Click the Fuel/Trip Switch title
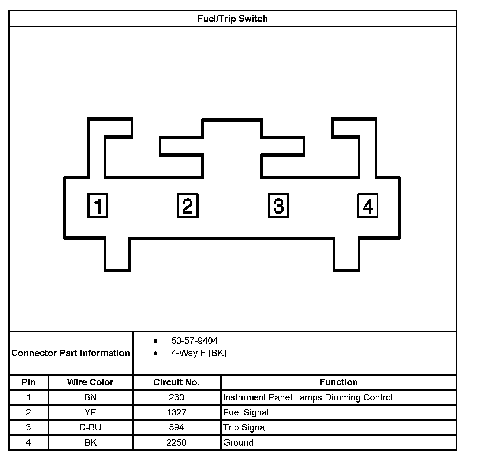[x=232, y=19]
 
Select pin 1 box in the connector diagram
[x=98, y=206]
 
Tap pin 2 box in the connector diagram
[x=188, y=206]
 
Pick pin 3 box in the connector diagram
[x=278, y=206]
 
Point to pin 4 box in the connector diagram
[x=367, y=206]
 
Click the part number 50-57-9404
[x=194, y=341]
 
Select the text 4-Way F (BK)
[x=199, y=353]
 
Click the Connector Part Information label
[x=71, y=353]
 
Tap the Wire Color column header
[x=90, y=382]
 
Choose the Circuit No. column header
[x=176, y=382]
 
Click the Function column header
[x=338, y=382]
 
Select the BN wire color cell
[x=90, y=397]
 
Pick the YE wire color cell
[x=90, y=412]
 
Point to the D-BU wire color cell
[x=90, y=427]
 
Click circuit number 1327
[x=176, y=412]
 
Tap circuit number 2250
[x=176, y=442]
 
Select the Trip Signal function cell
[x=245, y=427]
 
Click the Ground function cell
[x=238, y=442]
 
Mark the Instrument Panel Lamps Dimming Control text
[x=308, y=397]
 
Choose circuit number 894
[x=176, y=427]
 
